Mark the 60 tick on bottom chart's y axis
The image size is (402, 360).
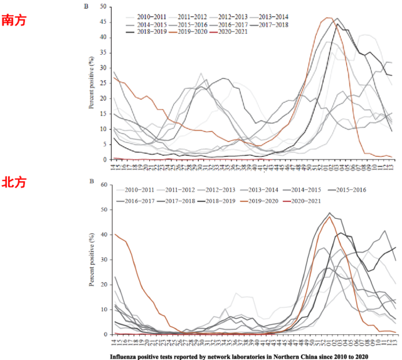click(103, 186)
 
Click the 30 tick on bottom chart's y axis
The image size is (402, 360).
click(103, 260)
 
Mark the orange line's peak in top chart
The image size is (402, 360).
click(328, 18)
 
